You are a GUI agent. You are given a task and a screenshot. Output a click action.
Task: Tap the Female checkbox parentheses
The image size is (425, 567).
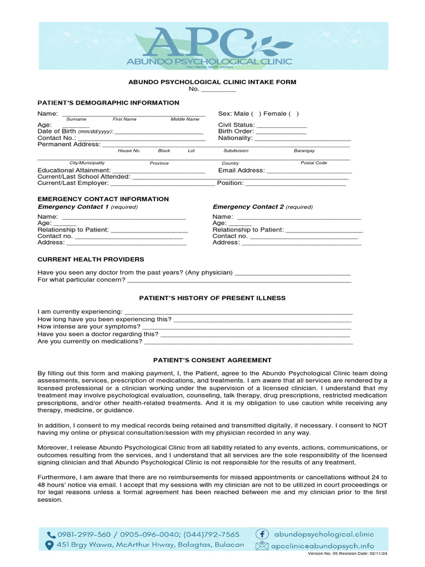pyautogui.click(x=293, y=114)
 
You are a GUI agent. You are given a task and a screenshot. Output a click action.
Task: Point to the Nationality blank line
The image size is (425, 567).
pyautogui.click(x=302, y=138)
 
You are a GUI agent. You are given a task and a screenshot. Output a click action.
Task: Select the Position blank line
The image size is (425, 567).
pyautogui.click(x=296, y=183)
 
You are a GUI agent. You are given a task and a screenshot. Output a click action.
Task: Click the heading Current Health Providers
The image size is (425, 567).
pyautogui.click(x=90, y=259)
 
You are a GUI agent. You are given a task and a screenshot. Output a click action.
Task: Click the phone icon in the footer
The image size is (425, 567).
pyautogui.click(x=51, y=535)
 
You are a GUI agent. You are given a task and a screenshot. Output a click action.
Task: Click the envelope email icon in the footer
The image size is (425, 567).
pyautogui.click(x=262, y=545)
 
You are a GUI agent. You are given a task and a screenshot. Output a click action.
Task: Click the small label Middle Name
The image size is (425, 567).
pyautogui.click(x=185, y=119)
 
